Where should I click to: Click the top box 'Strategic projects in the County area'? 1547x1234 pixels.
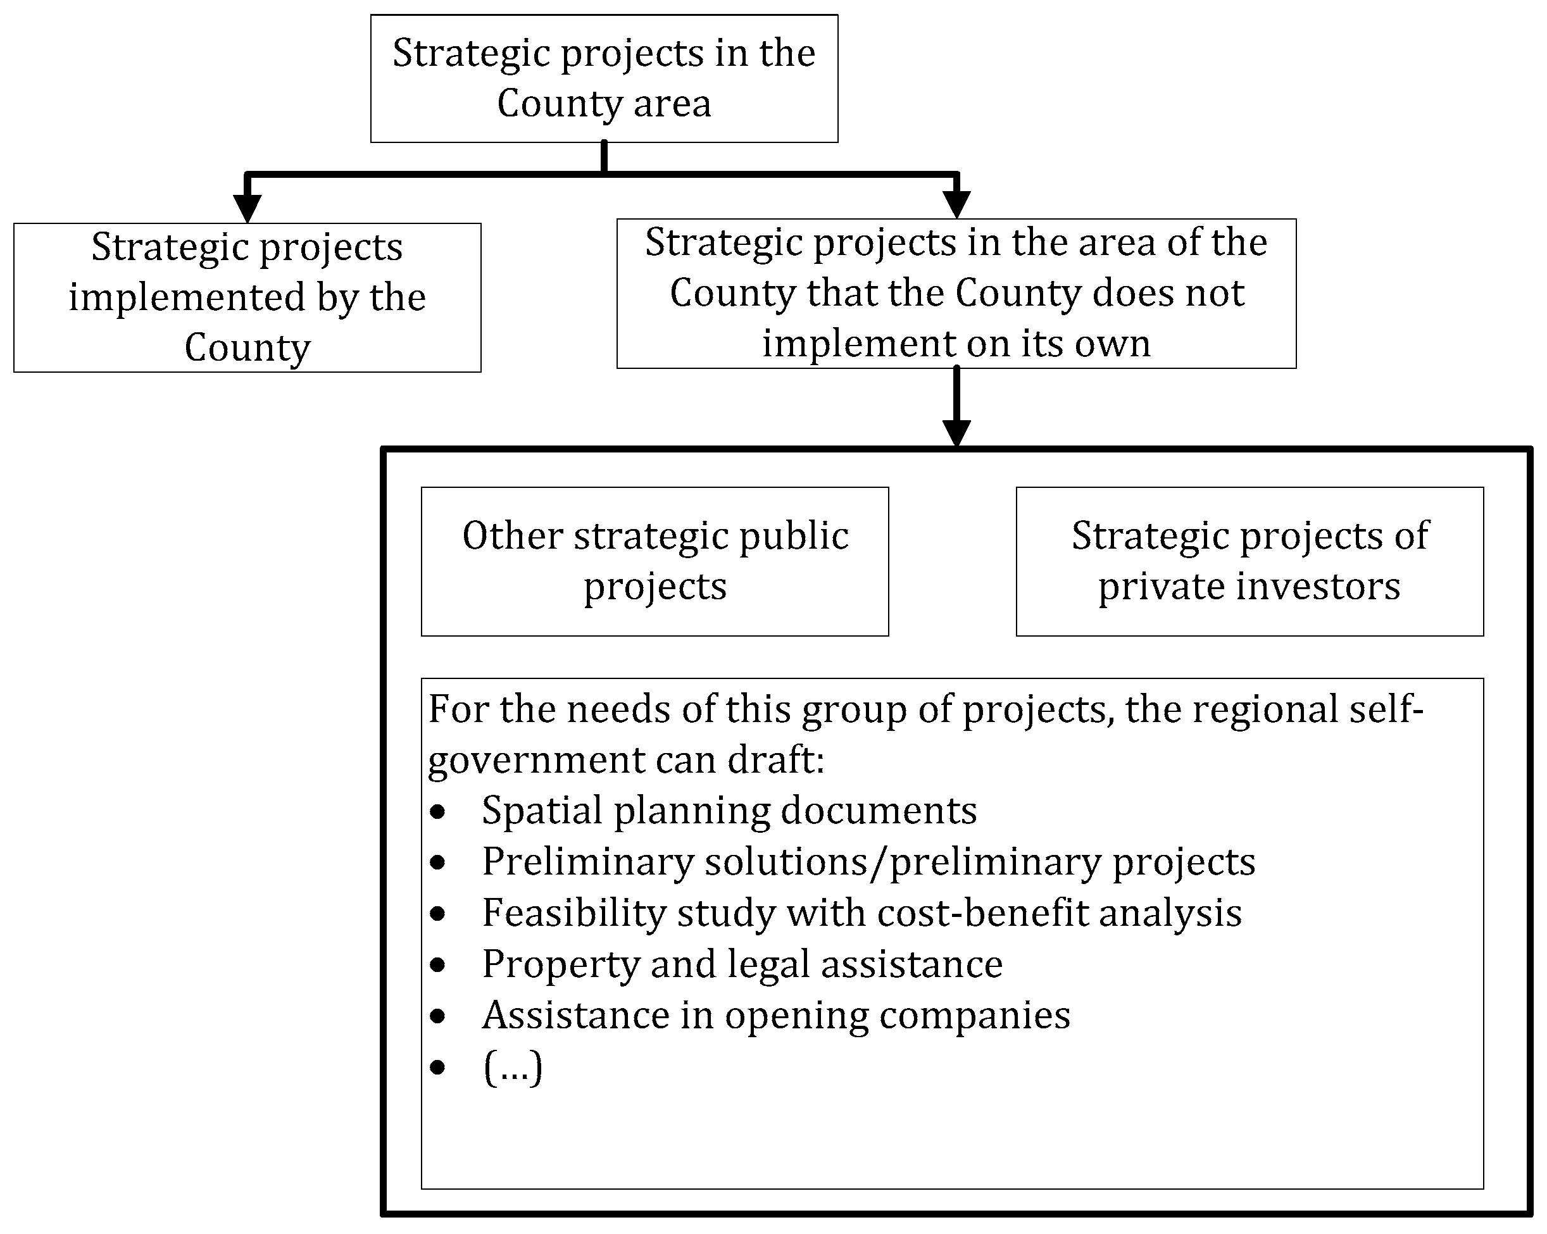(603, 78)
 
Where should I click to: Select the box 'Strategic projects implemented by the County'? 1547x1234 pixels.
(247, 297)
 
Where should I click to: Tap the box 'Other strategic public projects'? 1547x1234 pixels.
(654, 561)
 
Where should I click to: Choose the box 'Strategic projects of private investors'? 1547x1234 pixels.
(1249, 561)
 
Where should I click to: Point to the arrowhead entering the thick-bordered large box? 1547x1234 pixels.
(956, 433)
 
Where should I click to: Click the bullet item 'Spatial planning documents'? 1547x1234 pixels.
(729, 811)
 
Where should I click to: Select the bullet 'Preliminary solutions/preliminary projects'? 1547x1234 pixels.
(868, 862)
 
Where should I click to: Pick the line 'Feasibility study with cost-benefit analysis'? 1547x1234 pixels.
(861, 913)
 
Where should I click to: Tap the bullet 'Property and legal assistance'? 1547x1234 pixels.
(742, 964)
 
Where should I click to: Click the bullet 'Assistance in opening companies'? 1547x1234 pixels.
(775, 1015)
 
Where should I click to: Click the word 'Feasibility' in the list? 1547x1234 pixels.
(574, 913)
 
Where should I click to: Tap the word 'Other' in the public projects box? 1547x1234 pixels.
(512, 536)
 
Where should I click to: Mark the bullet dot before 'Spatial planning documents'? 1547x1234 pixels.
(437, 812)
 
